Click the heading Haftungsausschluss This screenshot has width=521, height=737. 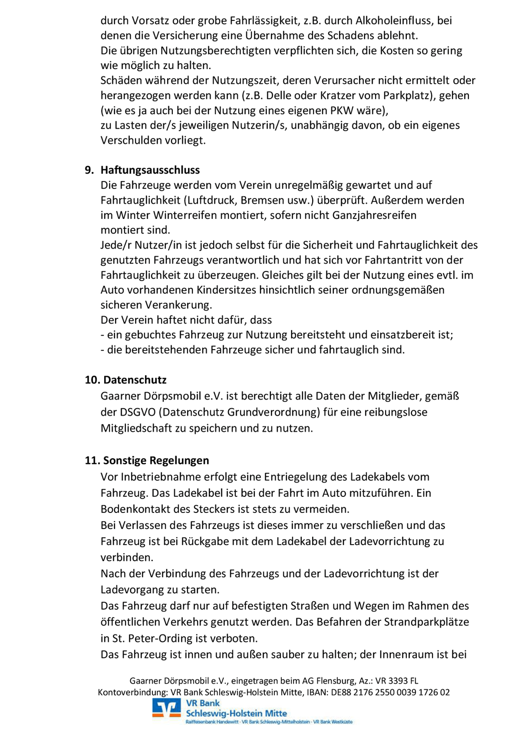click(150, 170)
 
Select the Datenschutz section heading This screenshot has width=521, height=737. click(135, 380)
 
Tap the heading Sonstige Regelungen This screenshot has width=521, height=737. click(156, 460)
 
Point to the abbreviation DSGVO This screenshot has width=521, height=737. click(138, 412)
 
